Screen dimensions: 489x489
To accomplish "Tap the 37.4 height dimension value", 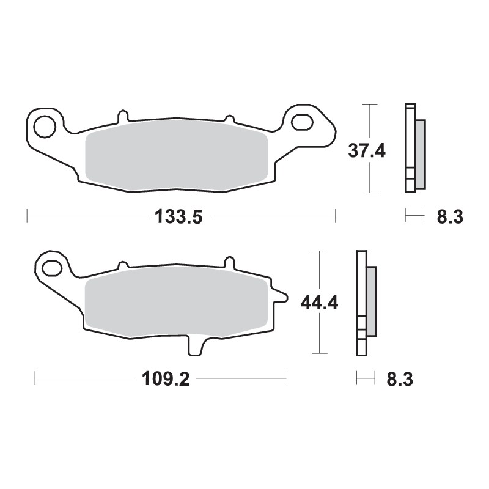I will [367, 150].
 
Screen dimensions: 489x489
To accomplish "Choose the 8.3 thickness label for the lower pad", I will [400, 379].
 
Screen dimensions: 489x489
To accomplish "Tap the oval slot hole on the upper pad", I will [301, 122].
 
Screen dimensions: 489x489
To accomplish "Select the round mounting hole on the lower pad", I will [51, 267].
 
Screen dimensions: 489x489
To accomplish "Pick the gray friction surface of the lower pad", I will [177, 303].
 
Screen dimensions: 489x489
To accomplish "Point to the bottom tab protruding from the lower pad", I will [195, 346].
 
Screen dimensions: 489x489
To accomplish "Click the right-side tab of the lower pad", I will [280, 297].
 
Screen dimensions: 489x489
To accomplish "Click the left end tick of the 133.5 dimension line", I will [28, 216].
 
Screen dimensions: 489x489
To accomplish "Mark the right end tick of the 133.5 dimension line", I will [336, 216].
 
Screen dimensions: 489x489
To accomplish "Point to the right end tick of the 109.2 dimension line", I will [287, 379].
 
